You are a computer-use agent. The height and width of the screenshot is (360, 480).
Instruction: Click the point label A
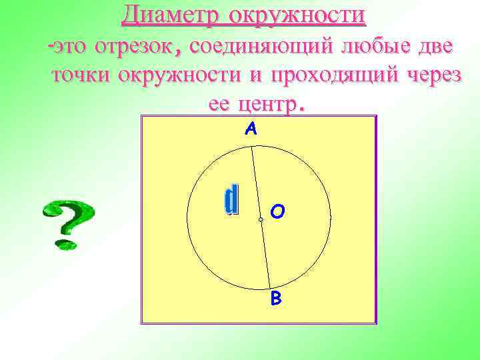pos(251,130)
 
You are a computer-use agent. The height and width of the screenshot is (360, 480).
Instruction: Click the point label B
pos(276,299)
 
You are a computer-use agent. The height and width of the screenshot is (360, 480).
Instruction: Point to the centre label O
pos(278,212)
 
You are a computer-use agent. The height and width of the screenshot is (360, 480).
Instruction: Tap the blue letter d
pos(231,201)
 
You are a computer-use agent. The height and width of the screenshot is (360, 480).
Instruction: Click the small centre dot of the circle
pos(261,219)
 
